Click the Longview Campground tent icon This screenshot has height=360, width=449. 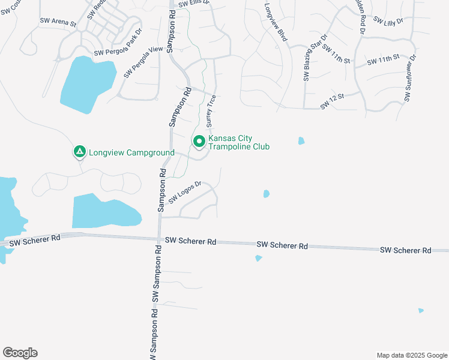coord(79,152)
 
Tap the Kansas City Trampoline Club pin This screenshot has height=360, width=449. coord(199,142)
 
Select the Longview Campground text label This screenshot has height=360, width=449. coord(131,152)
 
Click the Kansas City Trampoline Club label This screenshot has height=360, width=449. coord(239,143)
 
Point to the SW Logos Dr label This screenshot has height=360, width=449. coord(183,191)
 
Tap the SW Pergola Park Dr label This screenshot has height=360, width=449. coord(118,41)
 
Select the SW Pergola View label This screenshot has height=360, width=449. coord(143,62)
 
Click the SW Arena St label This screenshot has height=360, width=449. coord(58,22)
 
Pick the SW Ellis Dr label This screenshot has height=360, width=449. coord(197,3)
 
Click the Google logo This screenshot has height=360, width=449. coord(20,353)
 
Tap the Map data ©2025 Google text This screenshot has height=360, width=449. coord(411,355)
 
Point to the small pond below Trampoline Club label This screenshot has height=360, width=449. coord(266,194)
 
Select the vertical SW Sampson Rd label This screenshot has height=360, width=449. coord(155,306)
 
